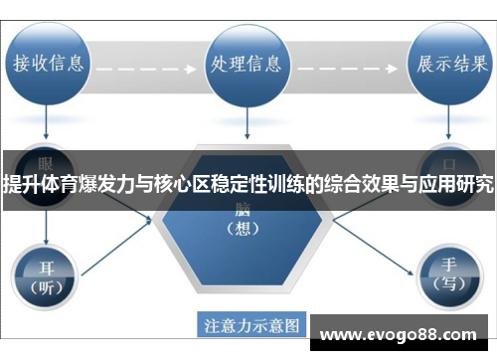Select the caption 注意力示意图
tap(251, 324)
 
